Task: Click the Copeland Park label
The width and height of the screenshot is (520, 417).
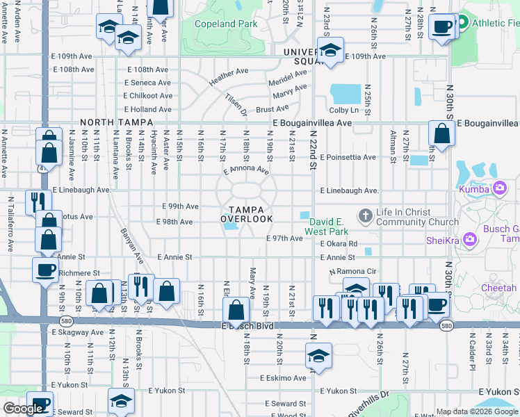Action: click(227, 24)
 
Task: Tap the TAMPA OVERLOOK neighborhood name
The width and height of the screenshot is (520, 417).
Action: click(247, 214)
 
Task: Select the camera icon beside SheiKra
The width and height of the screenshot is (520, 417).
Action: click(471, 240)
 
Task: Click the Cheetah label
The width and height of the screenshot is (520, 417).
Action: click(498, 288)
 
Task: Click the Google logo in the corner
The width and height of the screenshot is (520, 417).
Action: click(23, 409)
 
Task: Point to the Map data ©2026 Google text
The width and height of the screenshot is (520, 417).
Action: click(477, 411)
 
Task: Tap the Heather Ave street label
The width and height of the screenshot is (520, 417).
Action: click(228, 77)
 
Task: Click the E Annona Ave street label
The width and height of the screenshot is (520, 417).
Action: click(246, 170)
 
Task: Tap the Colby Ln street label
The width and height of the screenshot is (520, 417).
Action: click(343, 110)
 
